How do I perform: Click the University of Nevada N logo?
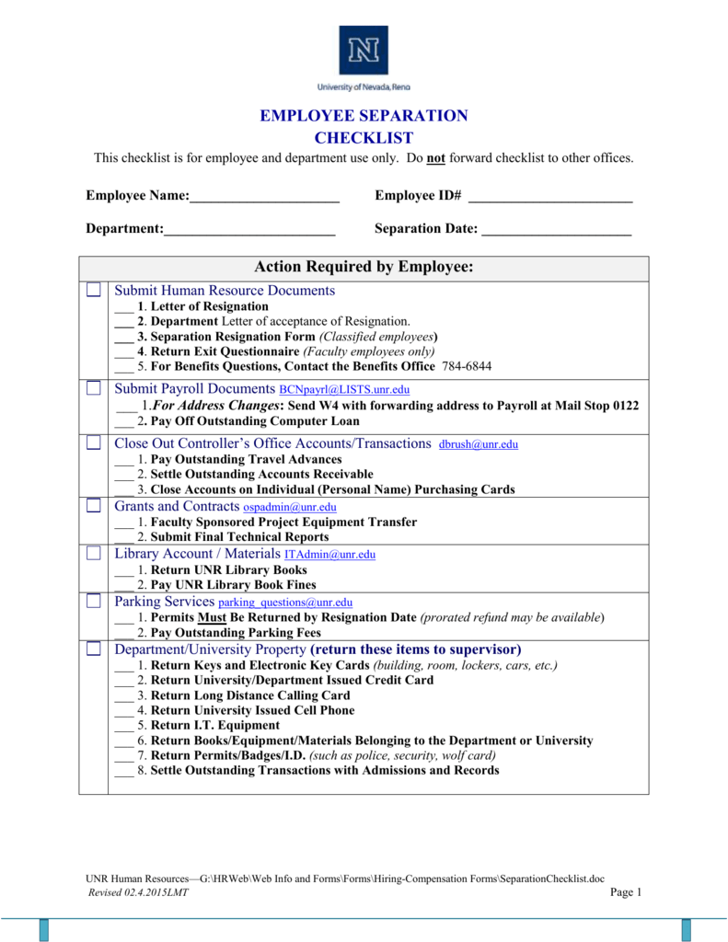[364, 50]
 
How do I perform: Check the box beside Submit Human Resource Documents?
[94, 291]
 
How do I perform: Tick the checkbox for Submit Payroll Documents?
[94, 388]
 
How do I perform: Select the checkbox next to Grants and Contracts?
[94, 506]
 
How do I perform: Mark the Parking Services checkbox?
[94, 602]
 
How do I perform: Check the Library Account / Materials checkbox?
[94, 554]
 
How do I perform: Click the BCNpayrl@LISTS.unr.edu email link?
[344, 390]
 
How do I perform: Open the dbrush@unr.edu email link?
[479, 444]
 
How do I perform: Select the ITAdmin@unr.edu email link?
[329, 555]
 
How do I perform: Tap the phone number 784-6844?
[467, 366]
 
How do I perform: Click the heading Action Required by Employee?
[364, 268]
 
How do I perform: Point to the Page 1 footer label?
[625, 892]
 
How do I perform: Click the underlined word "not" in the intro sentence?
[436, 158]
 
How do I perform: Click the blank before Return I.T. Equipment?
[123, 726]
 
